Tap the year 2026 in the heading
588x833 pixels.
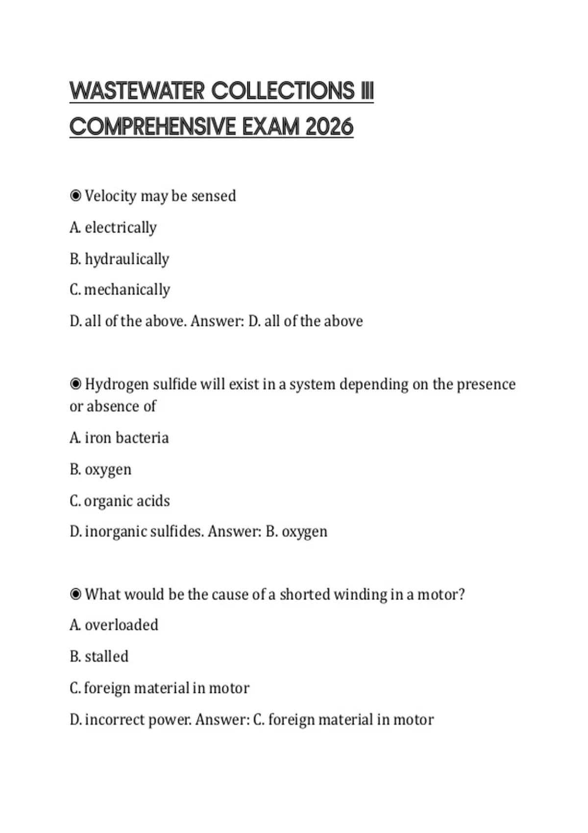tap(329, 127)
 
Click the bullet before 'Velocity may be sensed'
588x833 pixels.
tap(75, 196)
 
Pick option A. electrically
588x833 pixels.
tap(113, 227)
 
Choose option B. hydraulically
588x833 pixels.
tap(120, 259)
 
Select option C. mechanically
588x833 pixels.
tap(120, 290)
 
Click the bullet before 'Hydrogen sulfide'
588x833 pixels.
tap(75, 384)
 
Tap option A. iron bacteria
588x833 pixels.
tap(119, 438)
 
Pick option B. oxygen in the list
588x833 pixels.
tap(100, 469)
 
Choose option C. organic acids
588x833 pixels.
tap(120, 501)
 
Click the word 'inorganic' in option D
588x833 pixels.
tap(115, 532)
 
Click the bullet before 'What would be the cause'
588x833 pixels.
tap(75, 594)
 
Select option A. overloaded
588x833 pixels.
tap(114, 625)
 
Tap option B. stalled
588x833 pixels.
tap(99, 656)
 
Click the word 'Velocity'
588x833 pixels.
tap(111, 196)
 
